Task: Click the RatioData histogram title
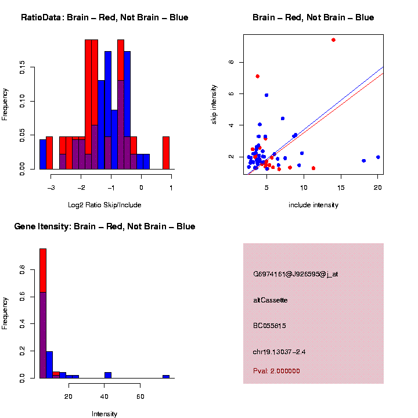point(105,17)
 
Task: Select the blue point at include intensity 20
point(378,157)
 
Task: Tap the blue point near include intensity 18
point(363,160)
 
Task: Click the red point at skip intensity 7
point(257,76)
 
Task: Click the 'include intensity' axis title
point(313,205)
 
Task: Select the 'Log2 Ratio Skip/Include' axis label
point(105,205)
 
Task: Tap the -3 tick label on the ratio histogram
point(51,188)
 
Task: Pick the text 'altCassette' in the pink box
point(271,300)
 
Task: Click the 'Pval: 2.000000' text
point(276,371)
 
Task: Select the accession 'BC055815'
point(271,326)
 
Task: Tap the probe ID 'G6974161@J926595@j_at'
point(296,274)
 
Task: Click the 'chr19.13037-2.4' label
point(279,352)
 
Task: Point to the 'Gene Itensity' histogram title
point(105,226)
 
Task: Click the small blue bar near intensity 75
point(166,376)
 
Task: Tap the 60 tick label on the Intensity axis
point(140,397)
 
